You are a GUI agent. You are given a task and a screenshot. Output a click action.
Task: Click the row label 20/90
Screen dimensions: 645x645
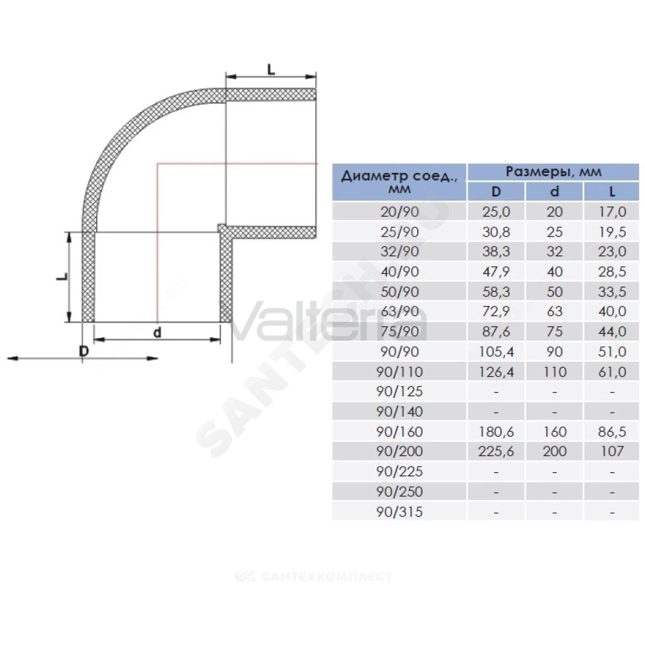coord(399,212)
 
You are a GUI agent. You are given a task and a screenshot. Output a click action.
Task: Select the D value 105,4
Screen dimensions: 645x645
coord(496,352)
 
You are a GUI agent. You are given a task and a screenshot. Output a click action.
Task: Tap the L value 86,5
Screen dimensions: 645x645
coord(612,432)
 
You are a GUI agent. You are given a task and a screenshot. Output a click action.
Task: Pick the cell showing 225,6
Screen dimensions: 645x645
coord(496,451)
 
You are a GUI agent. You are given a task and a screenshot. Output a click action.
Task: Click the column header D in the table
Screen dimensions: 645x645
coord(496,192)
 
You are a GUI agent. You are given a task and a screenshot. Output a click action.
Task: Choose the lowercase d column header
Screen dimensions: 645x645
coord(555,192)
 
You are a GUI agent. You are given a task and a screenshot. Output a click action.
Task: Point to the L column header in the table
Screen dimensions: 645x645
coord(612,192)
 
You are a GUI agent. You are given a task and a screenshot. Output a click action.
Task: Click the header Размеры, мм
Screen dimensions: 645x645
coord(553,172)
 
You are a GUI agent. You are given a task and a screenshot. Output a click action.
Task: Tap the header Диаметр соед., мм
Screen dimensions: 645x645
coord(399,182)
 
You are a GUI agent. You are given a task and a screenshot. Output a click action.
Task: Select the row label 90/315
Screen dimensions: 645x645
coord(399,511)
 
